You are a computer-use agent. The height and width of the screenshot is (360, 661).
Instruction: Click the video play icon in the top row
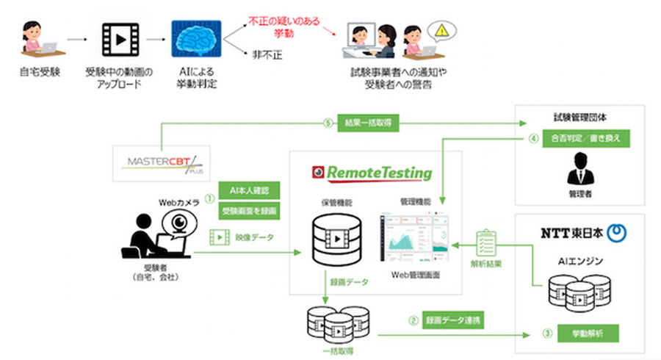click(x=120, y=40)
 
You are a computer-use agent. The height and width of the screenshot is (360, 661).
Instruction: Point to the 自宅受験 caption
click(x=40, y=72)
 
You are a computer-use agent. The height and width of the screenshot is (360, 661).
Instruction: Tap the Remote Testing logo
click(x=370, y=174)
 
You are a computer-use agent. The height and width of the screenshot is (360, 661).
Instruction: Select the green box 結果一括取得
click(x=367, y=122)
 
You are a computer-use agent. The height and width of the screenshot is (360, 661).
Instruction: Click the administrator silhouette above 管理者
click(x=580, y=170)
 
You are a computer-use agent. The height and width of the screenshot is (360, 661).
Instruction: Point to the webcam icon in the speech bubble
click(x=178, y=223)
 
